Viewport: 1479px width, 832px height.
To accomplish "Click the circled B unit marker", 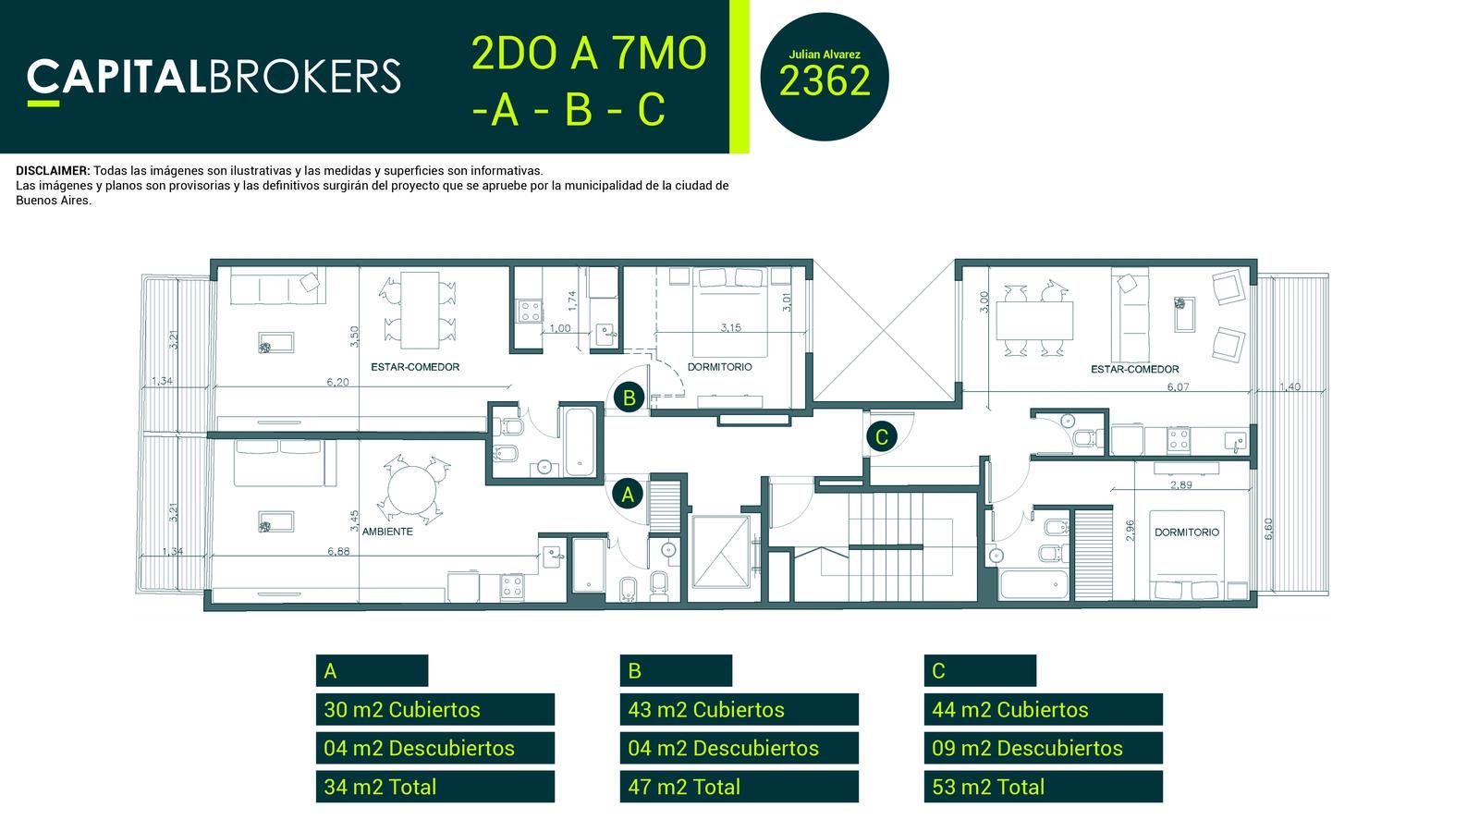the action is click(629, 398).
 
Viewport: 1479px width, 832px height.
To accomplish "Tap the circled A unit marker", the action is click(628, 494).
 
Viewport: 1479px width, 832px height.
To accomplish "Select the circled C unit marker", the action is click(882, 436).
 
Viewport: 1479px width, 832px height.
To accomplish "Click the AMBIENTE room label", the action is click(387, 532).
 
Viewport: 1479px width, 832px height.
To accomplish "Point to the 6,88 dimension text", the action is click(338, 551).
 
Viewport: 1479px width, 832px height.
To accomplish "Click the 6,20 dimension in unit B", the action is click(337, 382).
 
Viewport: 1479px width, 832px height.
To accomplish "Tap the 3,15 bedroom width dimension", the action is click(731, 327).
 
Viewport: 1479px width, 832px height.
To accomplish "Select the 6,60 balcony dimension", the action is click(1267, 529).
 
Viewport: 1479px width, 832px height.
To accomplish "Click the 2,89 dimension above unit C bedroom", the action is click(1181, 484).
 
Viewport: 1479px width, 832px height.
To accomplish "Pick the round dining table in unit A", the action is click(412, 489).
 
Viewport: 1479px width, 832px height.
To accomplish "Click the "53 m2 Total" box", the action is click(1044, 787).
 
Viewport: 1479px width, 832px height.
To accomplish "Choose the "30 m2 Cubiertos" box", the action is click(435, 709).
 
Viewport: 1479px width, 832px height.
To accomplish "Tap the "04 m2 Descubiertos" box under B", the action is click(739, 748).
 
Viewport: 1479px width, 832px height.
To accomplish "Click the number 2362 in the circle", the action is click(825, 81).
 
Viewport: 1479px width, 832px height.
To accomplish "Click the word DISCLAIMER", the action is click(53, 171).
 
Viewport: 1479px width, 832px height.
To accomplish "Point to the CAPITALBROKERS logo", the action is click(214, 80).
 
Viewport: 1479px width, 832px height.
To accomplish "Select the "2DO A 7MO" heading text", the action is click(589, 54).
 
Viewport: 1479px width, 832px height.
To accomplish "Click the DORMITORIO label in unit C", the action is click(1187, 532).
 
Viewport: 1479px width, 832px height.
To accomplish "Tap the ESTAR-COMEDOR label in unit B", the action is click(415, 367).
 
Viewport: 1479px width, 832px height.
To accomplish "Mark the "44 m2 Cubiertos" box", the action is click(1044, 709).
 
